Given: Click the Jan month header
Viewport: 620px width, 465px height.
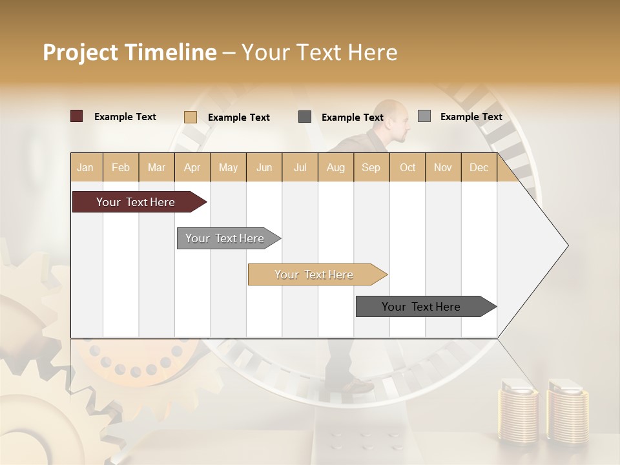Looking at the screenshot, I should click(85, 167).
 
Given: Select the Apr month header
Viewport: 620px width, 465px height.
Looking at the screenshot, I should click(192, 167).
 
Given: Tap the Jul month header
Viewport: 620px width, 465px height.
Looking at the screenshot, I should click(300, 167).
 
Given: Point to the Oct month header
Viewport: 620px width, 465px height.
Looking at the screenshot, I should click(408, 167).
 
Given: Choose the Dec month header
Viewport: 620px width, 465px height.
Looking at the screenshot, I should click(479, 167).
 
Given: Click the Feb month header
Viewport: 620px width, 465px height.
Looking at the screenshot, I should click(121, 167).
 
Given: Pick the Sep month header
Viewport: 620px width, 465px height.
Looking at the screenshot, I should click(371, 167).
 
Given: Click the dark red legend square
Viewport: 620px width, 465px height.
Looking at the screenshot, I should click(77, 116).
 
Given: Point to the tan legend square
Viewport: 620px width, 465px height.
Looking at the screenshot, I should click(191, 117).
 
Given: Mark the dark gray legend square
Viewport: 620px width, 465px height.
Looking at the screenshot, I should click(305, 117).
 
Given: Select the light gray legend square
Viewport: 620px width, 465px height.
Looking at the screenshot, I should click(424, 116).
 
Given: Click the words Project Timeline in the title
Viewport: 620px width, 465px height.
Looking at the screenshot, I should click(129, 52).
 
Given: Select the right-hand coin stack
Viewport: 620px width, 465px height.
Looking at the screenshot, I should click(567, 413).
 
